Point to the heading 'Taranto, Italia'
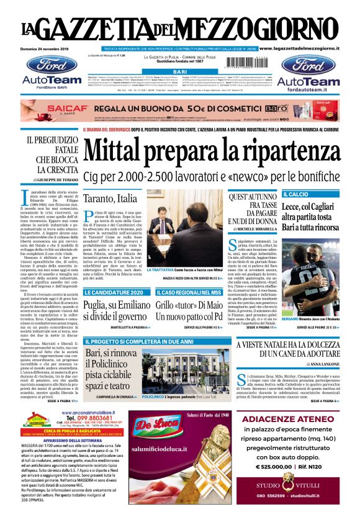(x=110, y=199)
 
